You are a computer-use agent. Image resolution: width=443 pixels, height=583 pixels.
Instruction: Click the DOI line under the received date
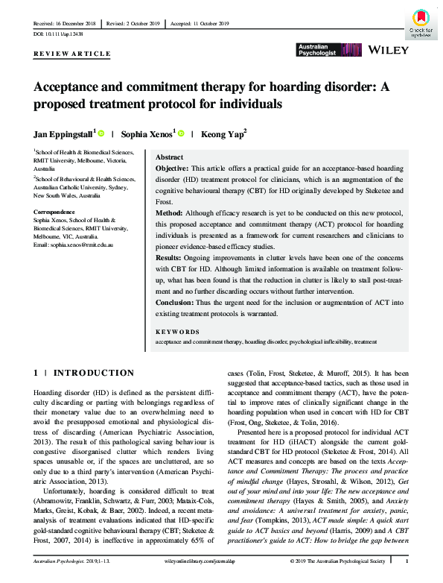(61, 34)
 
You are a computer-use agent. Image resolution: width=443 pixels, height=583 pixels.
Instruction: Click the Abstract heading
(170, 158)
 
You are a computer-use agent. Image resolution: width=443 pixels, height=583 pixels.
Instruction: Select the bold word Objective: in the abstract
(173, 171)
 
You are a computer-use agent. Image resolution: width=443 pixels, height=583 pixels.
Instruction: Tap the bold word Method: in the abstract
(170, 212)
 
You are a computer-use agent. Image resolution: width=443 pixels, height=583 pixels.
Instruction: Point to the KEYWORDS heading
(177, 332)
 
